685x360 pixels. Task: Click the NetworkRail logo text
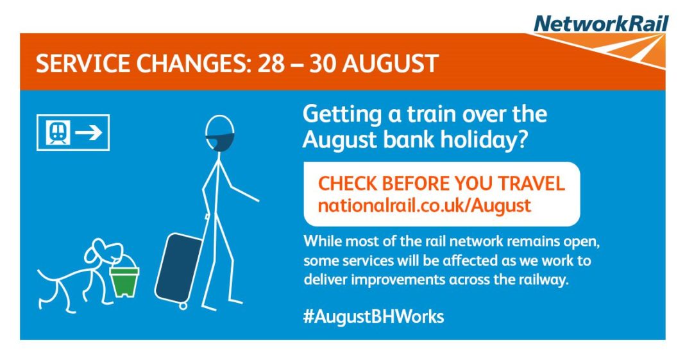601,24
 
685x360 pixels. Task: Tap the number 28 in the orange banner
272,64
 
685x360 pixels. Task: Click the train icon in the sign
58,133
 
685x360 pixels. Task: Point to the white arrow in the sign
89,133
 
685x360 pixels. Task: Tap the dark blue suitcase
179,267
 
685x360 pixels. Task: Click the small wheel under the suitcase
183,305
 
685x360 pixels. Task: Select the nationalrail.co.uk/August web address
425,206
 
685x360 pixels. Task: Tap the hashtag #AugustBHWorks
373,316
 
